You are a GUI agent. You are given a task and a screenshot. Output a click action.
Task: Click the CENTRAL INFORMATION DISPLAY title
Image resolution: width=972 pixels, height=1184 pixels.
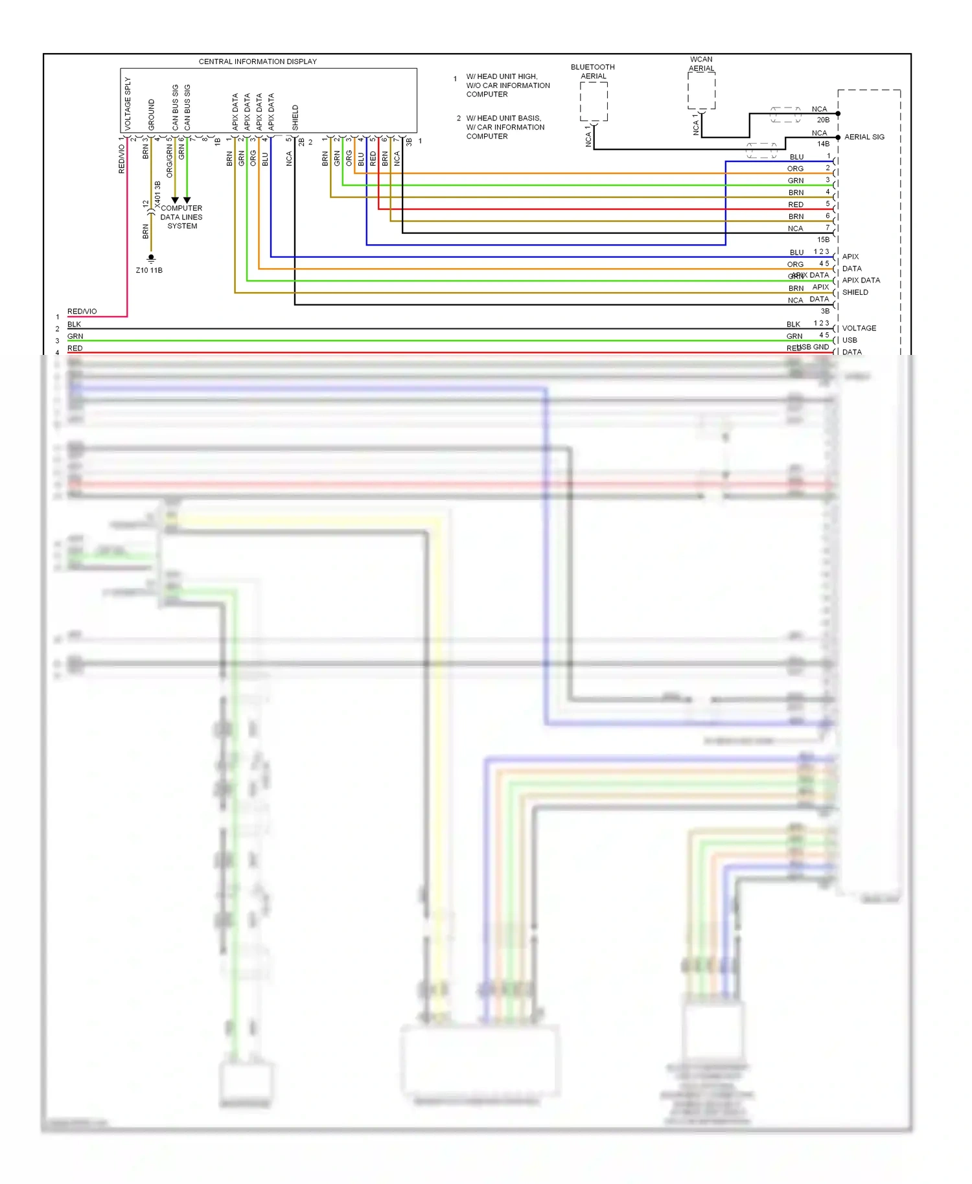coord(257,62)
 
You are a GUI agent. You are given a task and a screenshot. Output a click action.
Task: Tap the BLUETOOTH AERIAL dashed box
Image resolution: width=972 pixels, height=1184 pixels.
coord(593,102)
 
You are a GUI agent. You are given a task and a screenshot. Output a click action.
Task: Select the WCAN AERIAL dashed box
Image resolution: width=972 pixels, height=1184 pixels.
coord(701,91)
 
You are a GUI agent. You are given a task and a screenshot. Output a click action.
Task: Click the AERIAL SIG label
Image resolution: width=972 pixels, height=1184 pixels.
coord(864,137)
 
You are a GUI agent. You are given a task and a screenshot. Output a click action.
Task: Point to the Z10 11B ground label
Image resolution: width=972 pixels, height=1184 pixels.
coord(149,270)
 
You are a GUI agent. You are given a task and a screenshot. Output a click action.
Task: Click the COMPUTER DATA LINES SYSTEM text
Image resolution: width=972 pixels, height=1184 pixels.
coord(181,217)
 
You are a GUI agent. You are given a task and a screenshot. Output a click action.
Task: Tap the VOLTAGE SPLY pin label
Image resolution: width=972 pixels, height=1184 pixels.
coord(128,104)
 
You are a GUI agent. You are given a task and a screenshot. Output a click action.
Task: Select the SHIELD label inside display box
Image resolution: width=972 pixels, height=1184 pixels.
coord(295,117)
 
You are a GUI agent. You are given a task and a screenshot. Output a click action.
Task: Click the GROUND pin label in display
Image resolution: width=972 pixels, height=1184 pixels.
coord(152,114)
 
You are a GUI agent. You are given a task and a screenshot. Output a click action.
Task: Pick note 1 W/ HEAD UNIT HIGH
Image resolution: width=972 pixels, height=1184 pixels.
coord(507,85)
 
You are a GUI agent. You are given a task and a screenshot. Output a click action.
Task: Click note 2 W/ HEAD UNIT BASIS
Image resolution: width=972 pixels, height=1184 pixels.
coord(505,127)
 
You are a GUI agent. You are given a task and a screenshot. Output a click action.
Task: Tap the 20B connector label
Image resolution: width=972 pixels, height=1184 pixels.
coord(823,120)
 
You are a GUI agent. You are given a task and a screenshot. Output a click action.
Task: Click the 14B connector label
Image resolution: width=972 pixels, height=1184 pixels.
coord(823,144)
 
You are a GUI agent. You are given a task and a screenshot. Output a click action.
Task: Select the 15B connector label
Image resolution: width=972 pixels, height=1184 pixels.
coord(823,240)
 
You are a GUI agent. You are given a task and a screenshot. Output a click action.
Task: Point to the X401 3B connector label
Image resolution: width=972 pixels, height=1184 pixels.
coord(157,194)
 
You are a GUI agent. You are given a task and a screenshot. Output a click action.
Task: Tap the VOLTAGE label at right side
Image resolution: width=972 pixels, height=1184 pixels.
coord(859,328)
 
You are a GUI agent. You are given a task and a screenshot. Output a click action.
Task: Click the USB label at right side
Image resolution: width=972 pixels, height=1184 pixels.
coord(849,340)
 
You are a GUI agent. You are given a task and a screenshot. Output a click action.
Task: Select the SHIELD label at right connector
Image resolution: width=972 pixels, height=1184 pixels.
coord(855,292)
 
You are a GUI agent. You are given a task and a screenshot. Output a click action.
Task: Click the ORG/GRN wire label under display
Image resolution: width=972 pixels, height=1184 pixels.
coord(170,161)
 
